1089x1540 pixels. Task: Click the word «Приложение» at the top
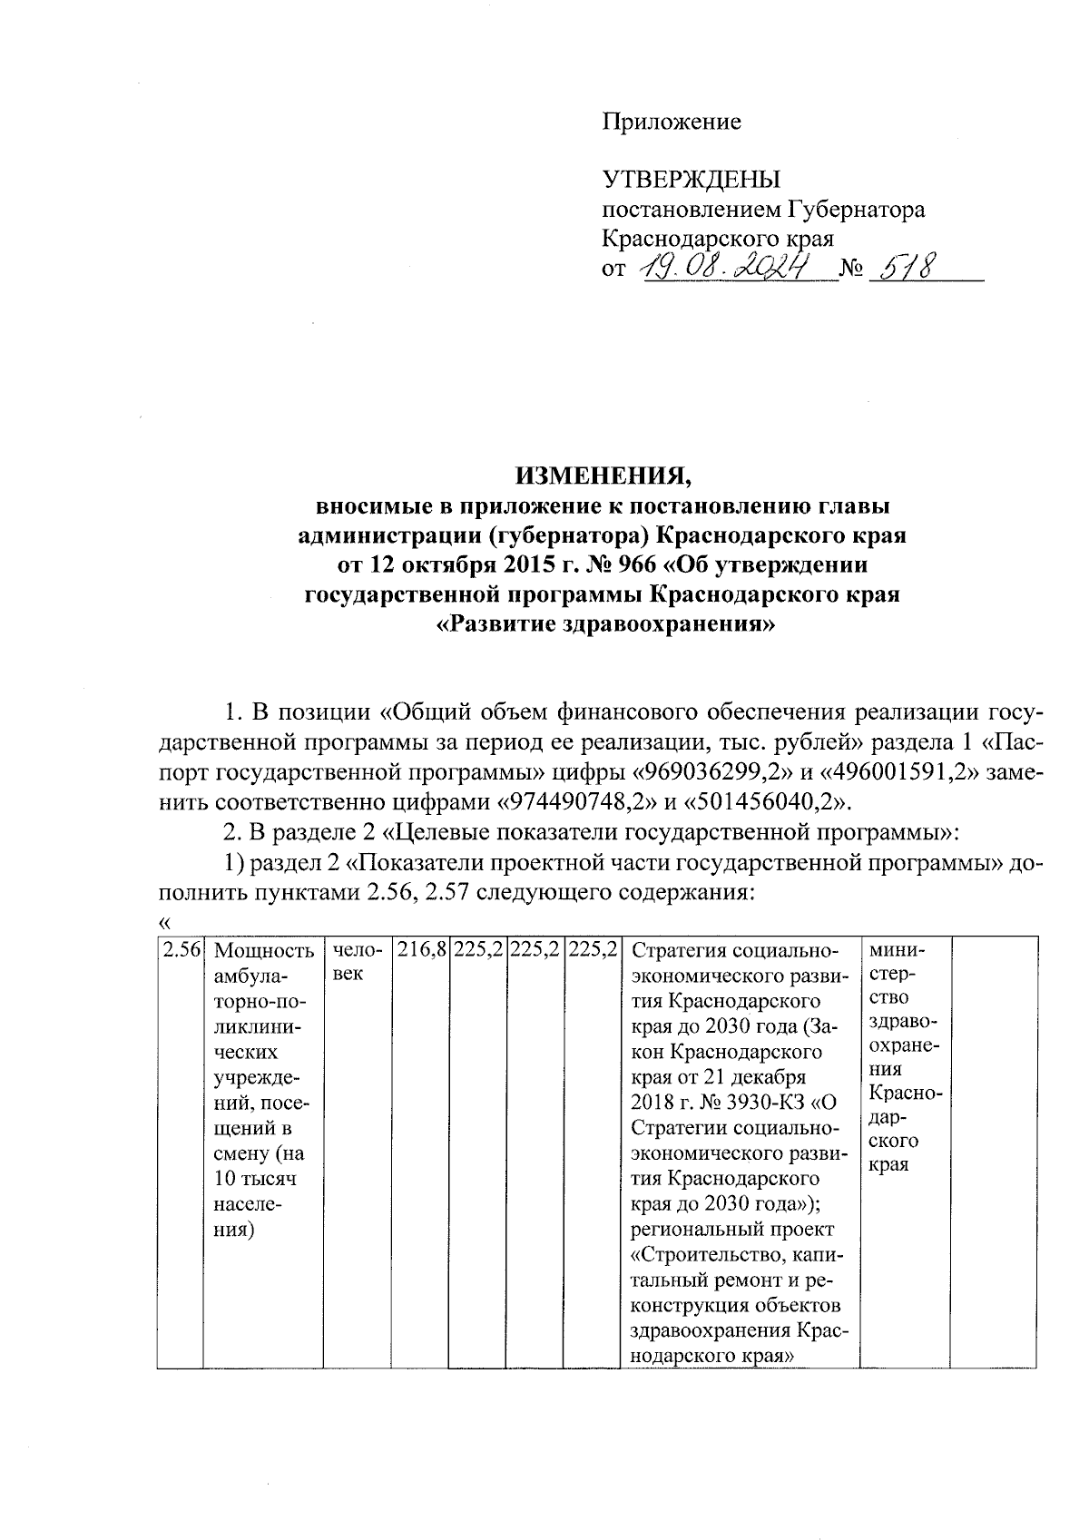pos(672,122)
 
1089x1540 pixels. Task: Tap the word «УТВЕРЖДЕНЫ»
pos(692,180)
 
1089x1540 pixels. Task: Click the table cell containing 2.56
pos(180,951)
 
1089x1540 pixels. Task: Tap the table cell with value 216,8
pos(420,951)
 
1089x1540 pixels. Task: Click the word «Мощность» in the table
pos(264,951)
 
